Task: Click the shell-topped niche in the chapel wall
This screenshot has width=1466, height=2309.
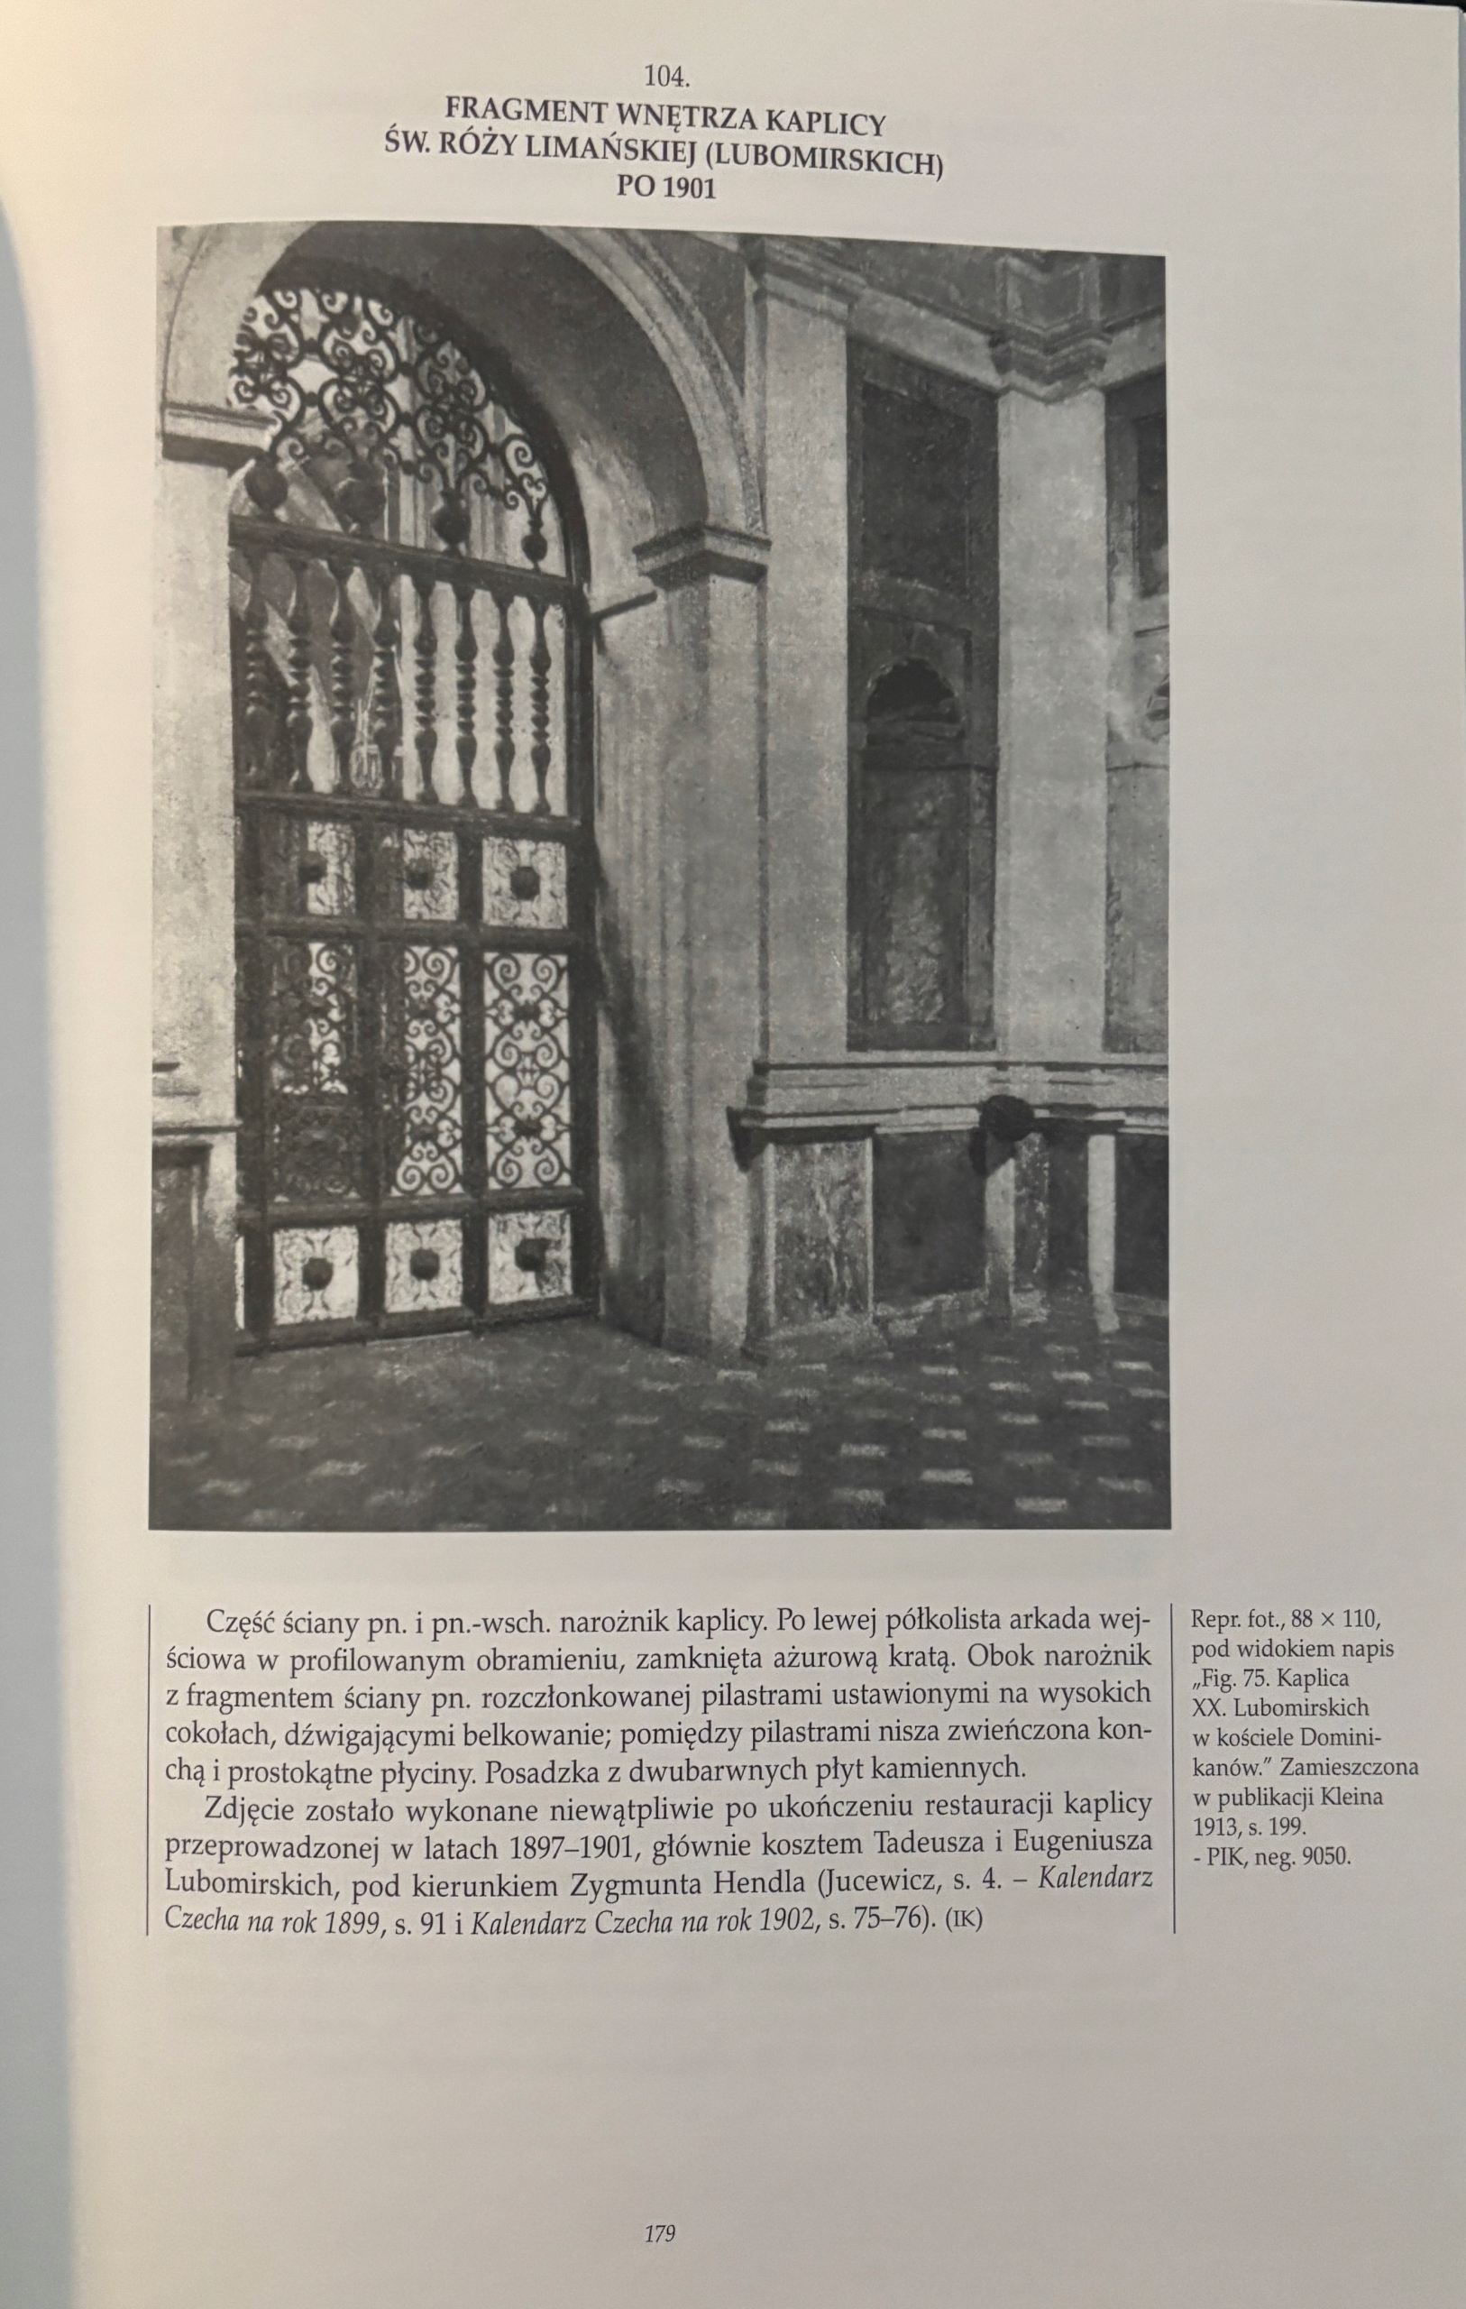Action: click(912, 710)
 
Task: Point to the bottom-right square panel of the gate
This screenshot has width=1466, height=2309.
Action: click(527, 1256)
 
